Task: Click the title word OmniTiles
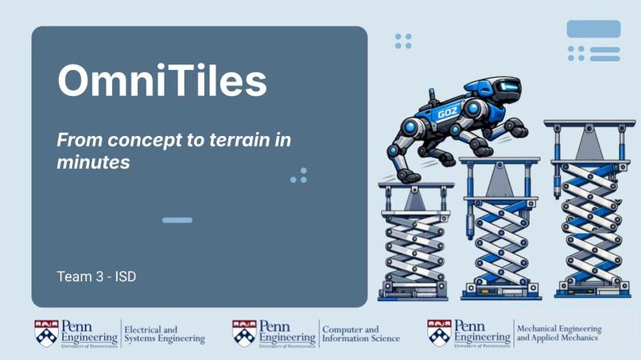(161, 79)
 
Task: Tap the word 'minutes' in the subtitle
(93, 162)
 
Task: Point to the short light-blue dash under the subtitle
(177, 220)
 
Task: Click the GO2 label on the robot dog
(449, 113)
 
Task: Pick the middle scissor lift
(501, 226)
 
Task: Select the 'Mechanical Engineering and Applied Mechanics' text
(559, 334)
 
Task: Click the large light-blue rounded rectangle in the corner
(593, 29)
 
